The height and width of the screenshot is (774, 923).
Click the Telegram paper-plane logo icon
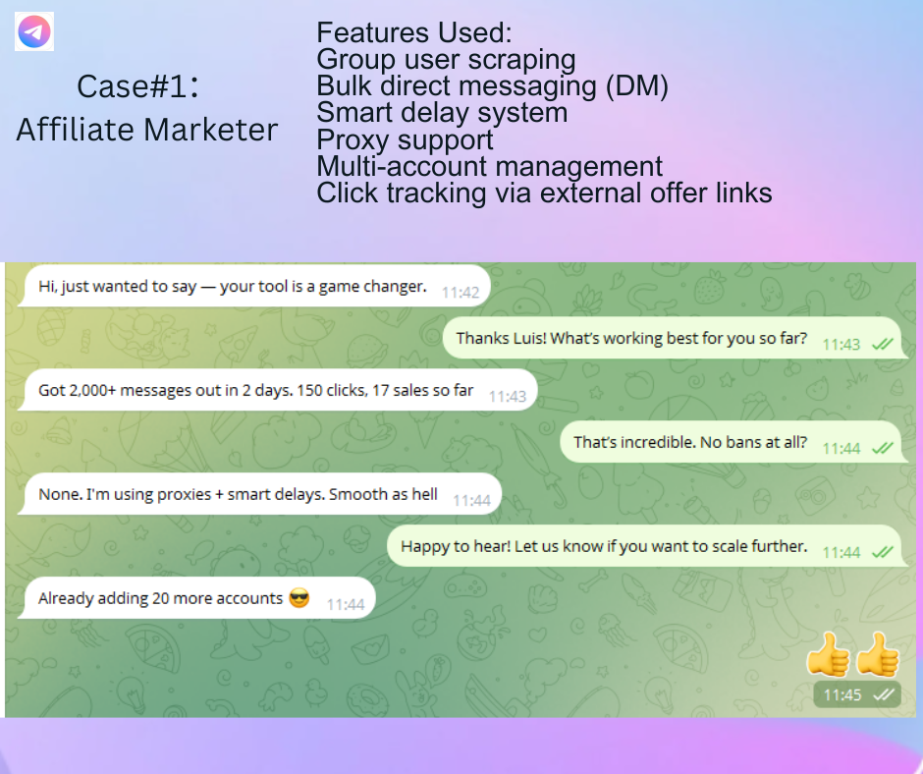[34, 31]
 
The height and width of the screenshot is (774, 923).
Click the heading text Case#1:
[138, 86]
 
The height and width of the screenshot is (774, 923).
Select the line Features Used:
[413, 32]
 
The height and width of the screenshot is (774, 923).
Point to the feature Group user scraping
[446, 60]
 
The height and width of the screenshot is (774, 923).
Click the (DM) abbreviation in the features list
[637, 86]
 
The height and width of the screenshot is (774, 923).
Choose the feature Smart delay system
[442, 113]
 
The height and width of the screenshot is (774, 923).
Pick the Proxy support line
[405, 140]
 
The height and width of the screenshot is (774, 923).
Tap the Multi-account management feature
[490, 167]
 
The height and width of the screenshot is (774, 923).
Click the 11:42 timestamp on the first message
[461, 293]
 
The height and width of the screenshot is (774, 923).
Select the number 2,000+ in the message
[92, 391]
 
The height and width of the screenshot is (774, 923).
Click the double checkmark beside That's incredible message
[883, 448]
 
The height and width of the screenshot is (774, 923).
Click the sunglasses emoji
[299, 598]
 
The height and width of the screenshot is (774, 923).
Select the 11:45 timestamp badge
[857, 695]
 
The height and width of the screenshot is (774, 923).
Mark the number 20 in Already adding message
[161, 598]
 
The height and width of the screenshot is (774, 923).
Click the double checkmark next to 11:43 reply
[883, 345]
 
